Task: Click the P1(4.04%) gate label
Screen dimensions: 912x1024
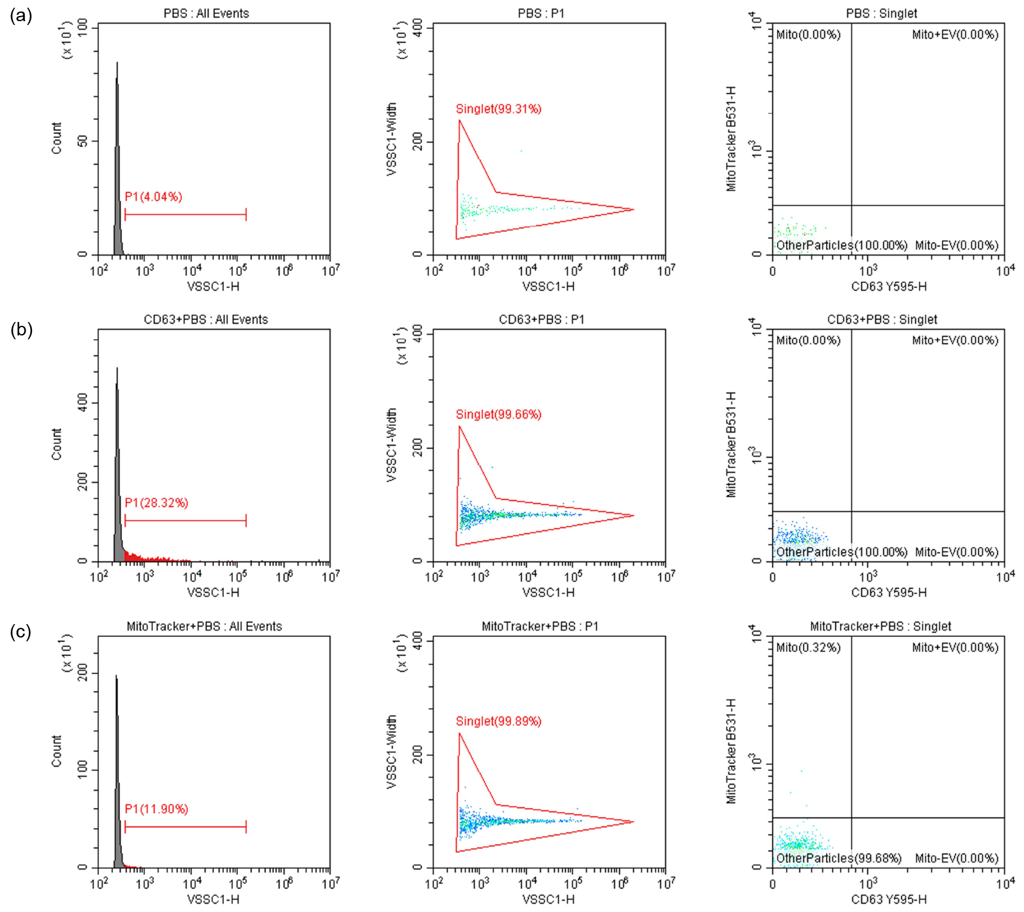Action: pos(153,197)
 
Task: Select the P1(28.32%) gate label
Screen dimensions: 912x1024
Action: pos(156,503)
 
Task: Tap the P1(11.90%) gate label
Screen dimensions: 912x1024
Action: pos(156,809)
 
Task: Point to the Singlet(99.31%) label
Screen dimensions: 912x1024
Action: pos(498,109)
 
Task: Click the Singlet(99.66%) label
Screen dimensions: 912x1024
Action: pos(498,414)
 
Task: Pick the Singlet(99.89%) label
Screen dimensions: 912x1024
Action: pos(498,721)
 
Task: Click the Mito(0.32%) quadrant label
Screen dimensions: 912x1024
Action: pos(808,647)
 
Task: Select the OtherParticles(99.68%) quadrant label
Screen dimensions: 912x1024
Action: pos(839,858)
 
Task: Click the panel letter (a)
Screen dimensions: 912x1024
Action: pos(21,15)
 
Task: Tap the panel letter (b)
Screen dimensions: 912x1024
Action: pos(21,329)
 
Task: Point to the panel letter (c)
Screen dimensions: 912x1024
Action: pos(21,632)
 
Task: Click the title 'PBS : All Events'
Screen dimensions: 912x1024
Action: pos(206,13)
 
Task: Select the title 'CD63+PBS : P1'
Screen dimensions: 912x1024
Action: pos(541,319)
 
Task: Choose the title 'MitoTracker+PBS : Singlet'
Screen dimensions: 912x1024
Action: pos(880,626)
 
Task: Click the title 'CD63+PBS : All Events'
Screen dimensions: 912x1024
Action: pos(206,319)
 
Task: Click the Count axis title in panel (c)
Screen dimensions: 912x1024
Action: pos(57,751)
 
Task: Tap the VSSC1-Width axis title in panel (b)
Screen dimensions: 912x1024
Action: pos(392,445)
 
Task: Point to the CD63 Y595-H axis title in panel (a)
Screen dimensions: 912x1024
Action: pos(888,287)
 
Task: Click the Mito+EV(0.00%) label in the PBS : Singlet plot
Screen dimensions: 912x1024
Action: pos(955,35)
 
